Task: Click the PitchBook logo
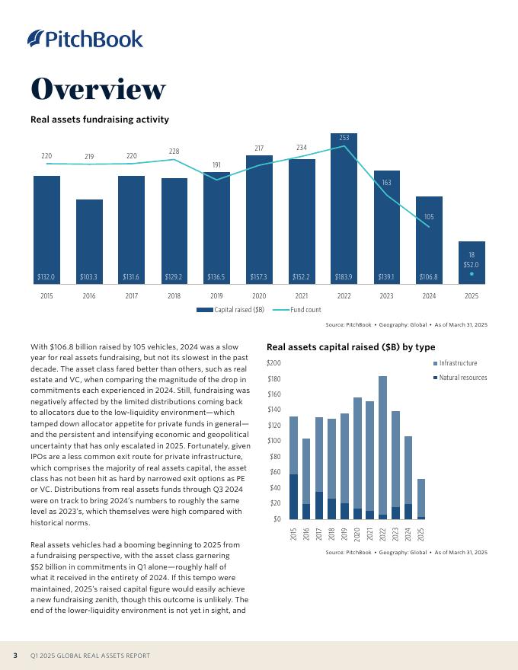pyautogui.click(x=85, y=38)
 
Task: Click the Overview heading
pyautogui.click(x=98, y=90)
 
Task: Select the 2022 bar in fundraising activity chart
pyautogui.click(x=344, y=209)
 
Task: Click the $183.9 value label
pyautogui.click(x=344, y=276)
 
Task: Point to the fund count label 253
pyautogui.click(x=344, y=138)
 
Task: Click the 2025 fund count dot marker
pyautogui.click(x=472, y=273)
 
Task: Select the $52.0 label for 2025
pyautogui.click(x=472, y=264)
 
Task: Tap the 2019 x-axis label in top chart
pyautogui.click(x=216, y=295)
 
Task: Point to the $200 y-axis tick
pyautogui.click(x=273, y=363)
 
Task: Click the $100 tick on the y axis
pyautogui.click(x=273, y=441)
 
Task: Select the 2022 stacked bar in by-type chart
pyautogui.click(x=382, y=447)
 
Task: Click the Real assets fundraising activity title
pyautogui.click(x=99, y=120)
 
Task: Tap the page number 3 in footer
pyautogui.click(x=14, y=656)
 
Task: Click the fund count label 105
pyautogui.click(x=429, y=217)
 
